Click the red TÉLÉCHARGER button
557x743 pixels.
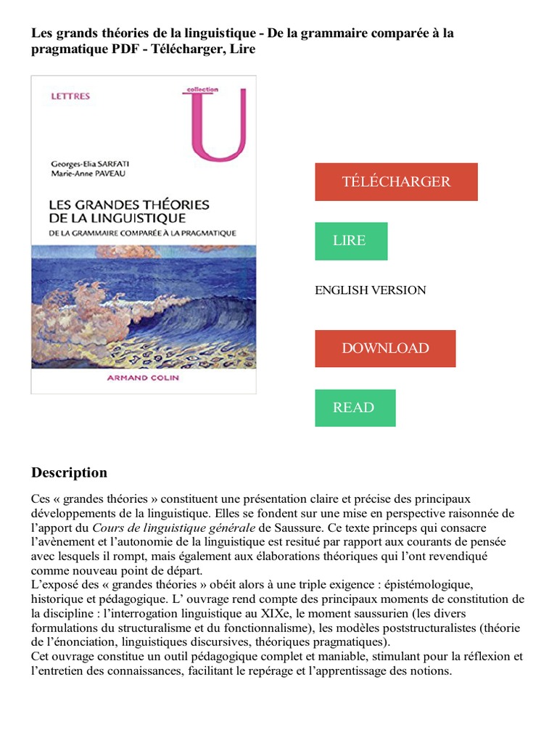(396, 182)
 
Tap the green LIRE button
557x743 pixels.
(350, 241)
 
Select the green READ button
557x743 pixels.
(355, 408)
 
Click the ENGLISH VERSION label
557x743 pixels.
(370, 290)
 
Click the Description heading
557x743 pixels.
(69, 473)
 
